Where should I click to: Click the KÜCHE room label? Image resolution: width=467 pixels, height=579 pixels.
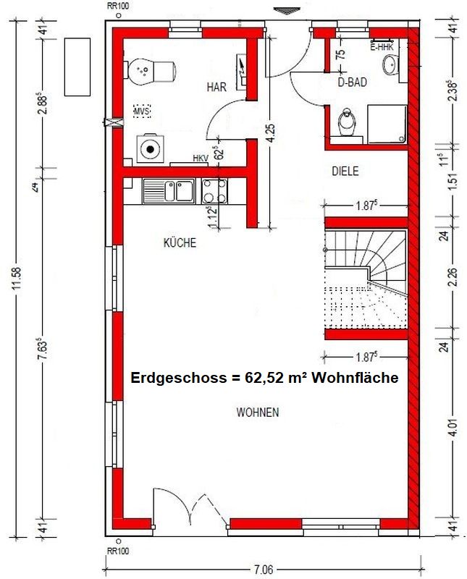[180, 244]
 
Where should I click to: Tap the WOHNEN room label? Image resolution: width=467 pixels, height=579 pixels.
[258, 413]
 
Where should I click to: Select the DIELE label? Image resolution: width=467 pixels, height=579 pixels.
[345, 172]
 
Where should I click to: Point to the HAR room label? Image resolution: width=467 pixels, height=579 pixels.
[216, 87]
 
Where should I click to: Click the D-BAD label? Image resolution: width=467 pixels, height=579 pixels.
[353, 83]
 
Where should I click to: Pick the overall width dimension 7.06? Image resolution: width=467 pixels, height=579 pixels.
[264, 570]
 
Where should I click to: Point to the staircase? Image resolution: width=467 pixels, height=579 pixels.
[366, 279]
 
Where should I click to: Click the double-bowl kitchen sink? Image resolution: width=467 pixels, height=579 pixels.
[169, 192]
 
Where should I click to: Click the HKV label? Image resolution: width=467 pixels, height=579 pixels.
[200, 159]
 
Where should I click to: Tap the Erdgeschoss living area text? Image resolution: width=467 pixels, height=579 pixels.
[264, 378]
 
